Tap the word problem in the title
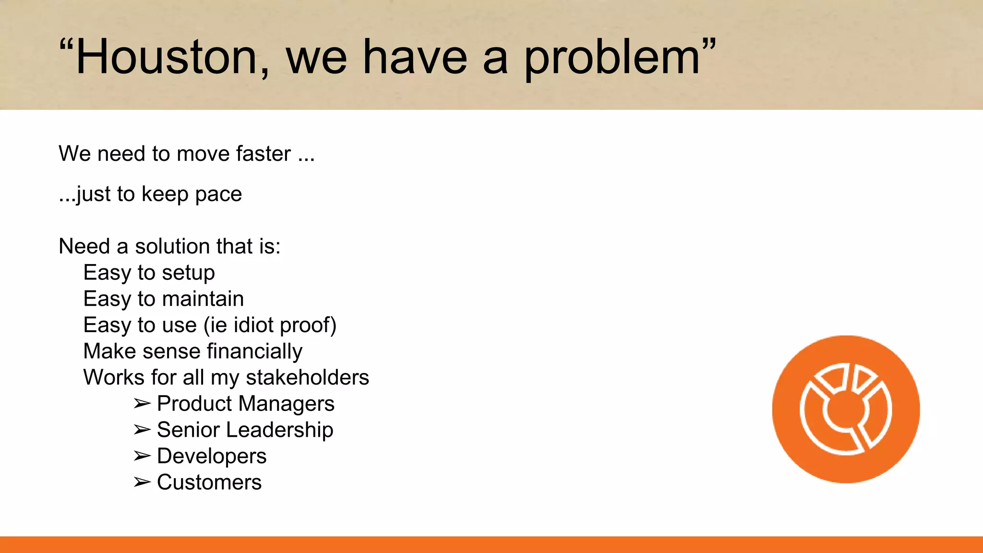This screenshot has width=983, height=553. [x=612, y=59]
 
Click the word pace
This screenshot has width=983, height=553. [x=218, y=194]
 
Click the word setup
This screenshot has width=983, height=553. [x=188, y=273]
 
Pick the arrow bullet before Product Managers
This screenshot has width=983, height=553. [x=142, y=404]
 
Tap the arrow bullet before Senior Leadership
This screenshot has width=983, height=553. [x=142, y=430]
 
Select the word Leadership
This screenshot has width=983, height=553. [x=279, y=430]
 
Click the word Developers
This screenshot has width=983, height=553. [x=212, y=456]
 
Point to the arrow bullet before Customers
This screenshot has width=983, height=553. [x=142, y=482]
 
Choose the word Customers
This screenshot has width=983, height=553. [x=209, y=482]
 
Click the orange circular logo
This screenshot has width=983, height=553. [x=846, y=409]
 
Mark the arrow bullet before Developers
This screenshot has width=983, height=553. [x=142, y=456]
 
